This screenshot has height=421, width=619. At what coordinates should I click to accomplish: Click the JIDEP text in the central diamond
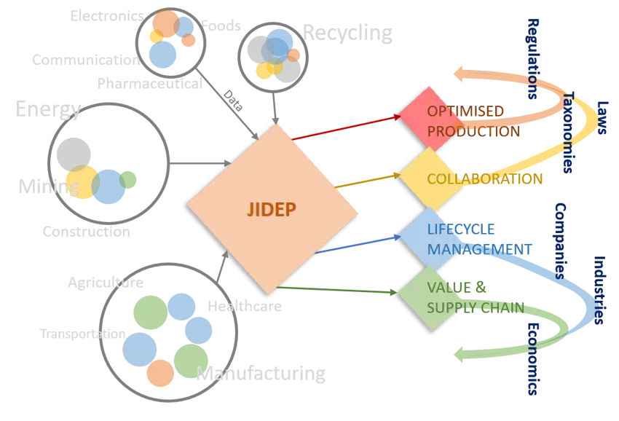(x=270, y=210)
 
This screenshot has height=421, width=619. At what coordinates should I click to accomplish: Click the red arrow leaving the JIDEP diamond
(x=342, y=127)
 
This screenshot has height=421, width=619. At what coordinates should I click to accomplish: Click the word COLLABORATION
(x=484, y=179)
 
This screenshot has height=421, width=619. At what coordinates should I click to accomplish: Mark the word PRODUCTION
(x=473, y=132)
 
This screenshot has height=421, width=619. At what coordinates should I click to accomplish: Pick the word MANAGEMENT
(x=478, y=249)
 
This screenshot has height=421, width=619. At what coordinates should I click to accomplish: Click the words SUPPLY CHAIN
(x=475, y=308)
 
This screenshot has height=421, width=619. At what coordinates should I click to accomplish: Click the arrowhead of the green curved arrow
(x=461, y=353)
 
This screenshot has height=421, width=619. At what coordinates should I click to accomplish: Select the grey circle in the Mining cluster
(x=71, y=152)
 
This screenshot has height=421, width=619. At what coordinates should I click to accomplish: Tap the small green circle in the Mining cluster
(x=129, y=178)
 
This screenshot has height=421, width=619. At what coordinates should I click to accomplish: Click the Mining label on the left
(x=48, y=187)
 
